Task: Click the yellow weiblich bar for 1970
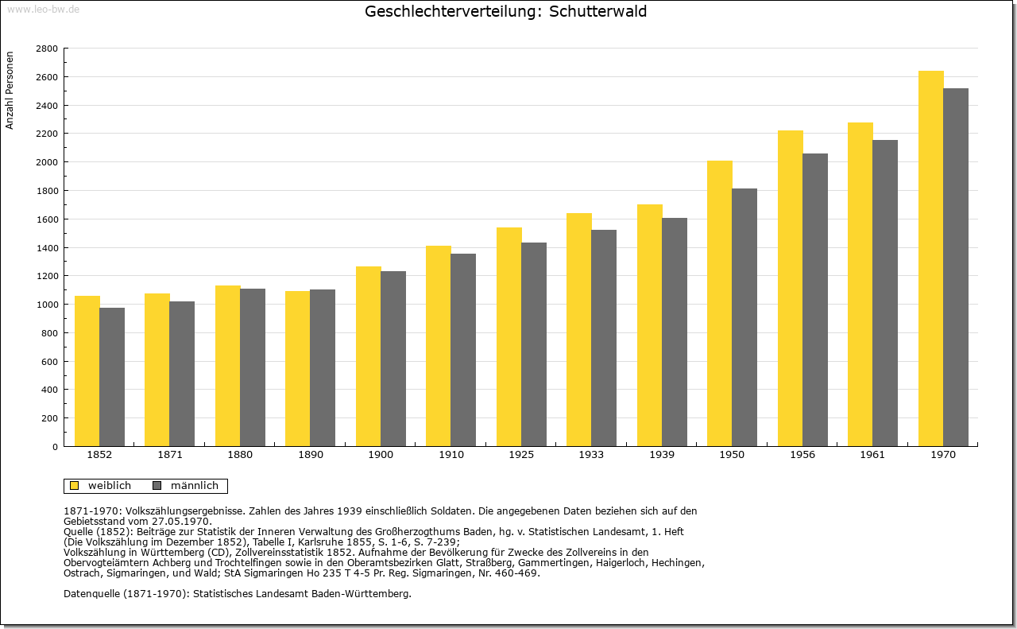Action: click(930, 258)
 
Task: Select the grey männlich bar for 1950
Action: click(744, 317)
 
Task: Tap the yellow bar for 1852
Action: click(87, 371)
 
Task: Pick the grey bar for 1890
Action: click(323, 367)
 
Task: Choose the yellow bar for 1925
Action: click(509, 337)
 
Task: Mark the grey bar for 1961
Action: click(885, 293)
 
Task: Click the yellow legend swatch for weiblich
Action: click(75, 486)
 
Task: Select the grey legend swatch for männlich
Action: click(157, 486)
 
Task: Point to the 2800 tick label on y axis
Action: click(47, 49)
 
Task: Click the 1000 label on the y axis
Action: click(47, 305)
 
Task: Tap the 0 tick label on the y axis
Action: click(55, 447)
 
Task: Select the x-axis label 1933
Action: click(591, 455)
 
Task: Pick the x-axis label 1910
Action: click(450, 455)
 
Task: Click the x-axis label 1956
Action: click(802, 455)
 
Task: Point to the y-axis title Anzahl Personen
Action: click(10, 91)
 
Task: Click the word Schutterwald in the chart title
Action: click(598, 11)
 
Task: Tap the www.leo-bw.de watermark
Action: click(43, 9)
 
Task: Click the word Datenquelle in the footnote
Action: click(92, 594)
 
